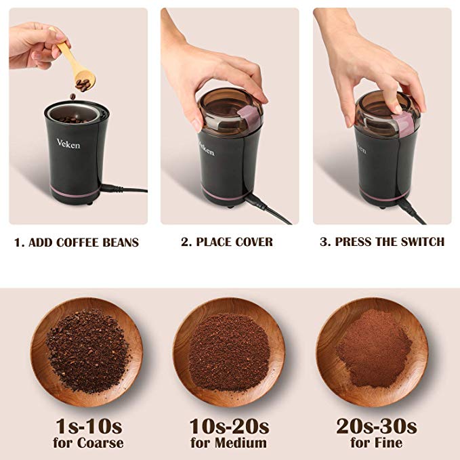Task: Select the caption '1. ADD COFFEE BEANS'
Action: point(77,242)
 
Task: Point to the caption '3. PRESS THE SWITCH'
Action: point(383,242)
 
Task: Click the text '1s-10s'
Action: point(88,426)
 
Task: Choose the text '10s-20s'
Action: point(229,426)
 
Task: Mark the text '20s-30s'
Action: point(376,426)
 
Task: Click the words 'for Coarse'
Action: point(88,444)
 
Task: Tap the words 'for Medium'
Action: point(229,444)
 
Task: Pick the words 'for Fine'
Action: point(376,444)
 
